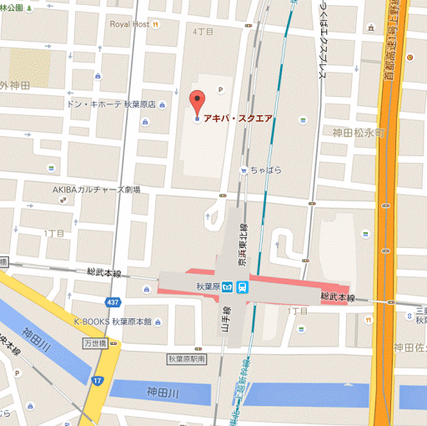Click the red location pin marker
[197, 104]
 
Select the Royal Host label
[128, 24]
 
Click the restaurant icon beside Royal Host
[156, 24]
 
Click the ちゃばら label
[265, 170]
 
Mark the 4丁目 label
[203, 31]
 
